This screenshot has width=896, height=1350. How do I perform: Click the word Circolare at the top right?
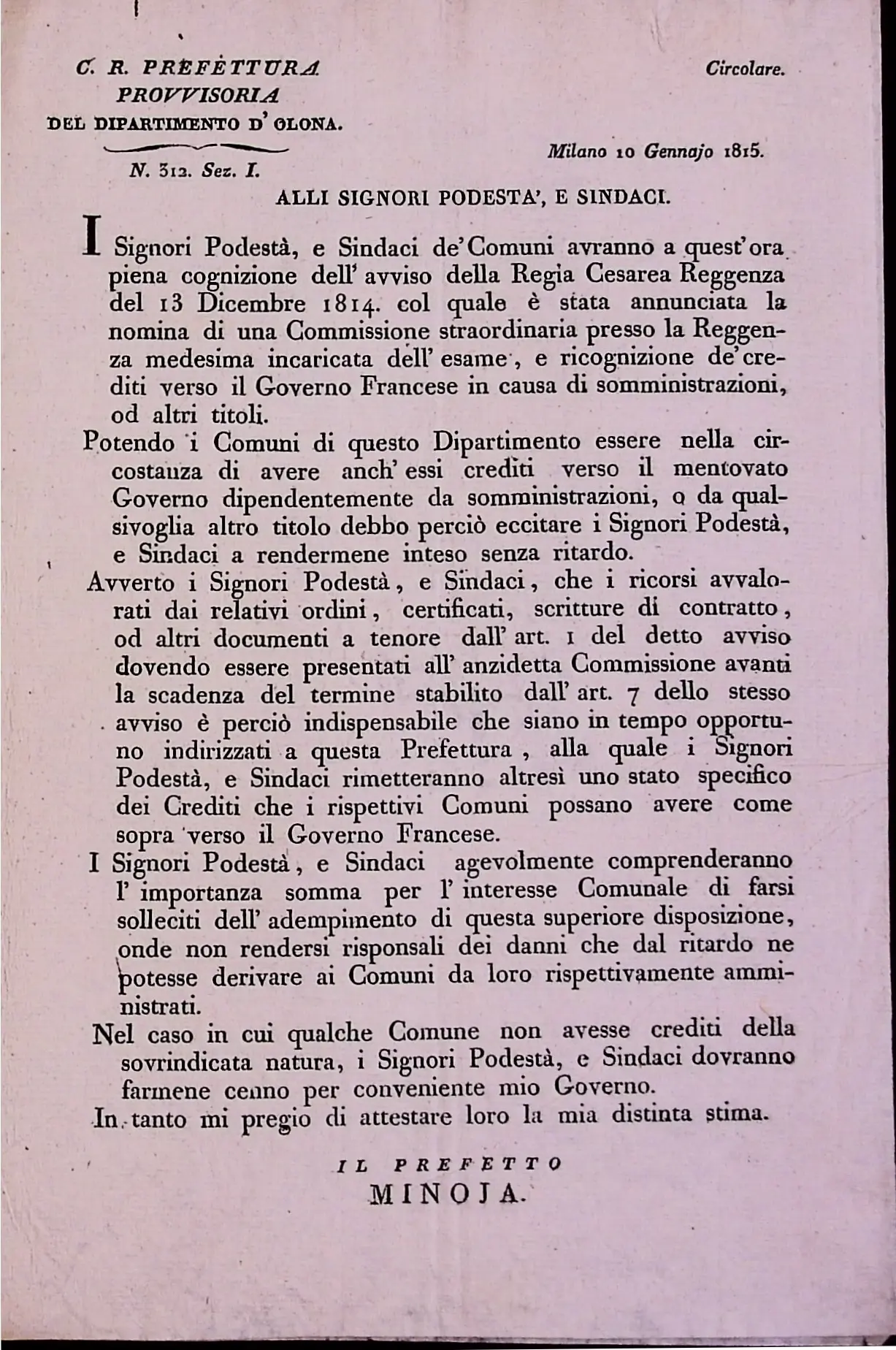click(x=744, y=70)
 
